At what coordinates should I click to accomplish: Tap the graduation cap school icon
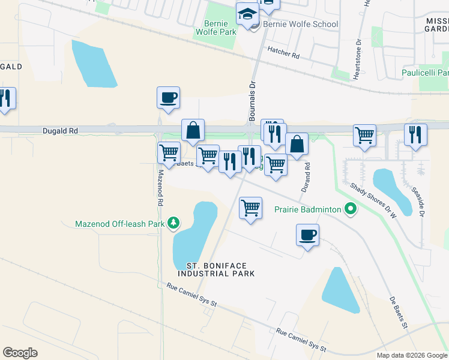247,14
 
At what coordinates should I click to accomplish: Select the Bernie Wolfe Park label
216,28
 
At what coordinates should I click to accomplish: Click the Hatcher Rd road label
283,54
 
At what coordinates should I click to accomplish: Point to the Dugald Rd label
60,130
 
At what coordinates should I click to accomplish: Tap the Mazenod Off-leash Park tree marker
173,224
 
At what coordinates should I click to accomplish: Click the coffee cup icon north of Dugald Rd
169,98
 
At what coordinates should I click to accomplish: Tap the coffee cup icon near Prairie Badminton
307,236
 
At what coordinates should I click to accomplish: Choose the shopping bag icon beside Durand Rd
297,145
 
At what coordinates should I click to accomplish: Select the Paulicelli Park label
424,73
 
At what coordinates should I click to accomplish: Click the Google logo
20,353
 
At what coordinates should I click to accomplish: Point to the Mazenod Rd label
160,188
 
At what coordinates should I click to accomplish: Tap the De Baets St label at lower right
397,314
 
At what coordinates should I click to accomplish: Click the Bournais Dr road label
253,99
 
